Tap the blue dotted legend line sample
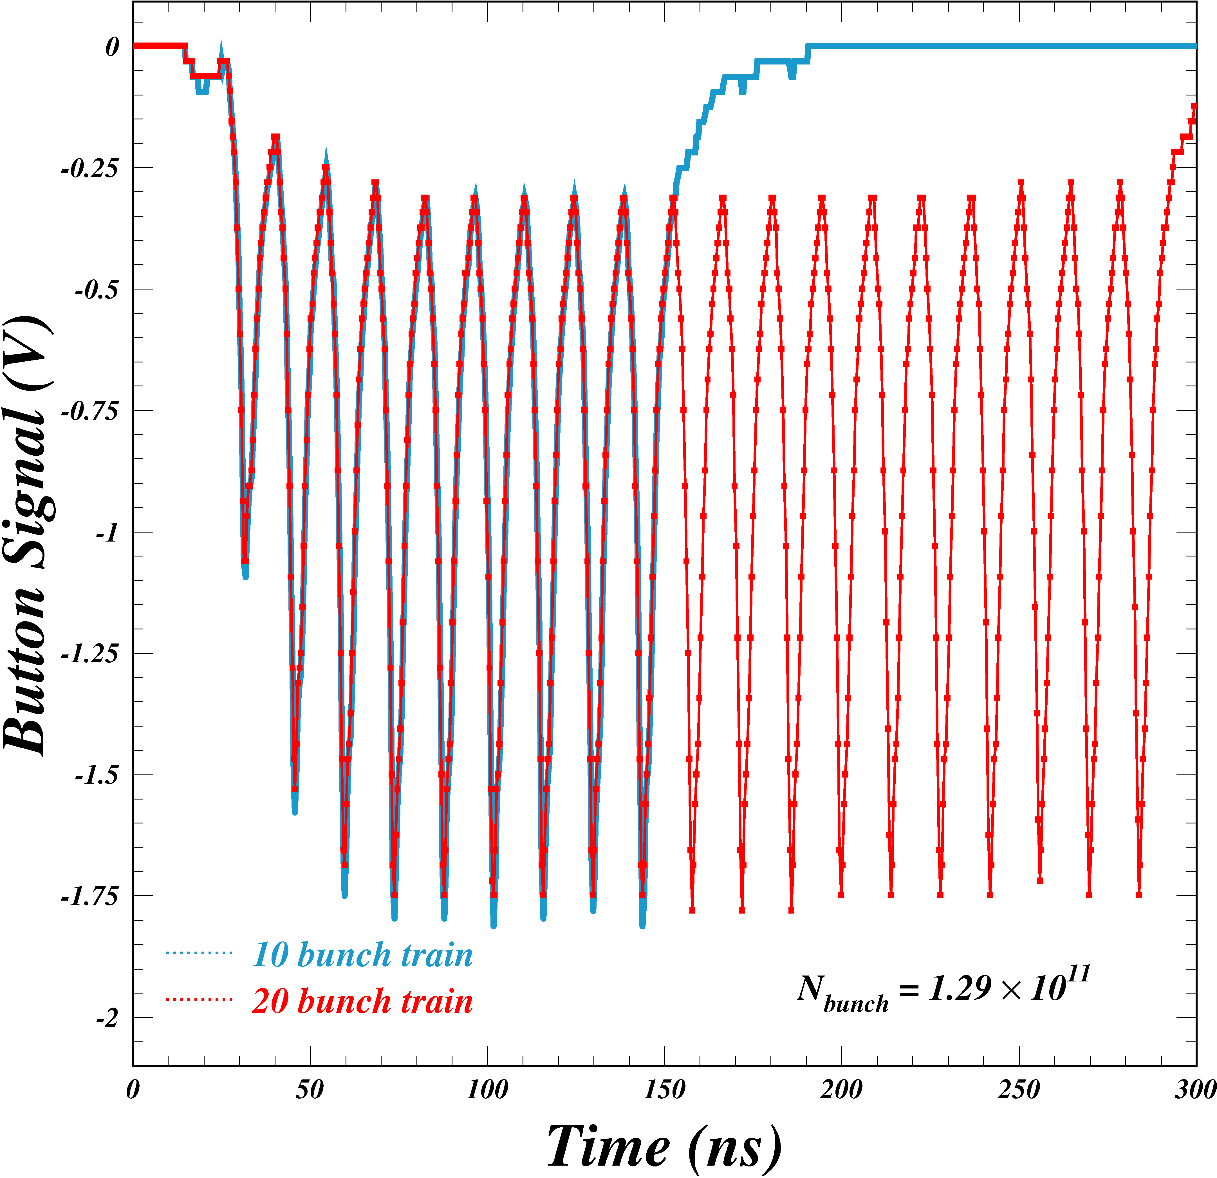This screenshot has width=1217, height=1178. point(199,952)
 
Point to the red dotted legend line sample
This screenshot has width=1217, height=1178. point(199,999)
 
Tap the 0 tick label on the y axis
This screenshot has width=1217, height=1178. point(112,46)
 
